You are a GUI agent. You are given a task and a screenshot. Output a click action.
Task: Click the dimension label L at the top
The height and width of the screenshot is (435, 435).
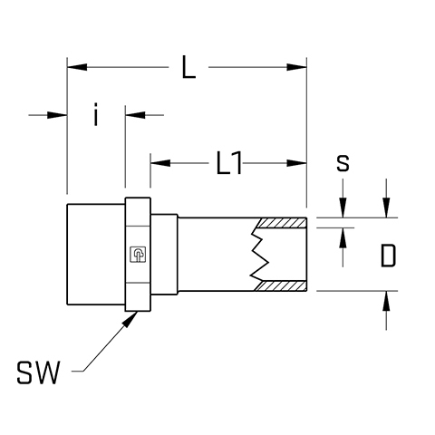(188, 67)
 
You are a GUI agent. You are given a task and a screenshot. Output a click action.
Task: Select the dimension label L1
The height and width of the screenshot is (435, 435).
(229, 163)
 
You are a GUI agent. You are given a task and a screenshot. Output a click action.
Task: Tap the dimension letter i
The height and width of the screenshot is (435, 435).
(96, 114)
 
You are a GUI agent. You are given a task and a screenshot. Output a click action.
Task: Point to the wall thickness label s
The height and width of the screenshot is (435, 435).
(343, 163)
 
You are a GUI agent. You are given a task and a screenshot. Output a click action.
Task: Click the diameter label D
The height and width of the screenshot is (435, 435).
(388, 256)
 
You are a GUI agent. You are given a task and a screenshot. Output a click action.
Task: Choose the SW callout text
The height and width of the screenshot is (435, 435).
(38, 372)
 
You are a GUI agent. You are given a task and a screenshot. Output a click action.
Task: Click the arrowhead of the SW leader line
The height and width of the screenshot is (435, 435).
(130, 319)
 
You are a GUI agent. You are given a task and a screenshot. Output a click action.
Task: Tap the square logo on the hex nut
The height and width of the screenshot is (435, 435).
(138, 255)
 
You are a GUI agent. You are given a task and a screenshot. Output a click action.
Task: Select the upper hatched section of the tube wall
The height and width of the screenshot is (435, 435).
(281, 223)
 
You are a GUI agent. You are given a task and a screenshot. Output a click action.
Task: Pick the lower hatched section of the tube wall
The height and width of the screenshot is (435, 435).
(281, 286)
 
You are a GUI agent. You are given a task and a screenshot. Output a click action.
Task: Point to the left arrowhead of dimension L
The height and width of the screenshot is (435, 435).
(77, 67)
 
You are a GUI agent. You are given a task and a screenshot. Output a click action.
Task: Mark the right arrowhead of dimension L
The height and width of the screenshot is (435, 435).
(296, 67)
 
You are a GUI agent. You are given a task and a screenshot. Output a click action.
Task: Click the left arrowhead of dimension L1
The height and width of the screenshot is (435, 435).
(160, 163)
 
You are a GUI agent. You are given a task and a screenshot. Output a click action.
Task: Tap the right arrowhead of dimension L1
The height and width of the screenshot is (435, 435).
(296, 163)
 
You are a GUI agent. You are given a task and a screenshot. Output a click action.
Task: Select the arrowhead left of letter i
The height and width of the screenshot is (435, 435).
(57, 115)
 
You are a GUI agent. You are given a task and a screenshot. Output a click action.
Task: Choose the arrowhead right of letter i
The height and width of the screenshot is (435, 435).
(135, 115)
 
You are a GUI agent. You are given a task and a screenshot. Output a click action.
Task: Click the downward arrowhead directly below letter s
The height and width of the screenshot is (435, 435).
(343, 208)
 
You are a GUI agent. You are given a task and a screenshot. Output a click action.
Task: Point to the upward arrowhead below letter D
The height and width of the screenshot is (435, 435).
(386, 301)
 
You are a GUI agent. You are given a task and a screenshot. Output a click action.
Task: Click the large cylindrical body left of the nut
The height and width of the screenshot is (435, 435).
(96, 255)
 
